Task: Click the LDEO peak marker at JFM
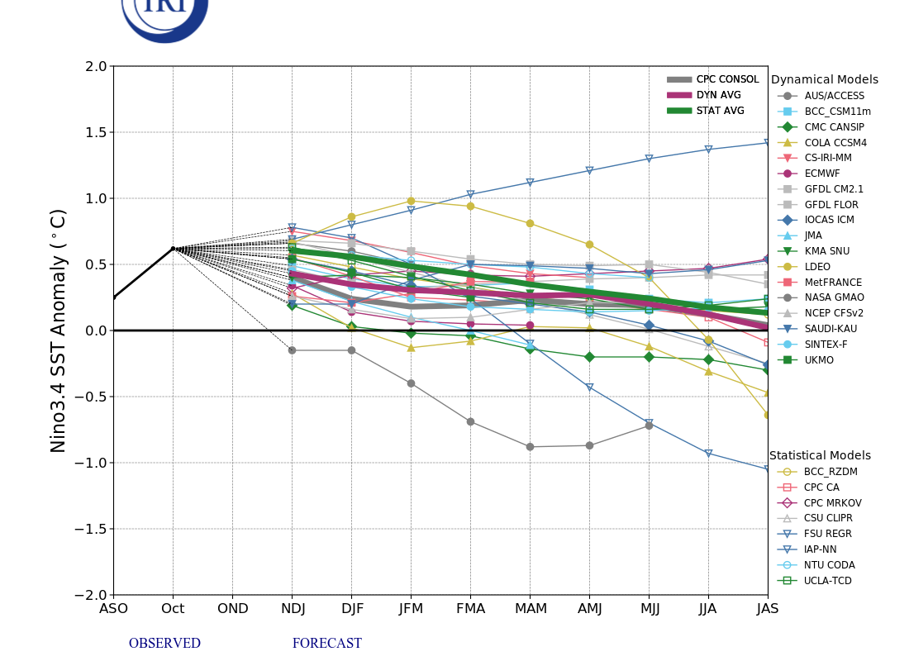click(411, 201)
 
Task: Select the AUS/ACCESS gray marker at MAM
click(530, 447)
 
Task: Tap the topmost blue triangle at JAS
click(767, 143)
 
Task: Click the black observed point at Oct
click(173, 248)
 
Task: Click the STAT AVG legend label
click(720, 111)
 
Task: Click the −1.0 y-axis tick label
click(91, 463)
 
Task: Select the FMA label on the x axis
click(470, 609)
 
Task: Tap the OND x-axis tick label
click(232, 609)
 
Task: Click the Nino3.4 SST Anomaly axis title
click(59, 330)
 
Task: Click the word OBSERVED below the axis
click(164, 644)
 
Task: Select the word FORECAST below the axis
click(326, 644)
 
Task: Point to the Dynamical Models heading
click(824, 80)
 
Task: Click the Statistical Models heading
click(820, 456)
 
